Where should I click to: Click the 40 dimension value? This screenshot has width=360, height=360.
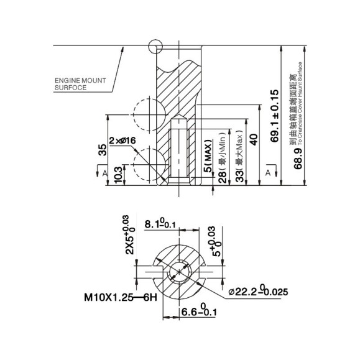[x=252, y=139]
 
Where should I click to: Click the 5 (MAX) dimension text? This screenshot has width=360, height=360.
[x=209, y=158]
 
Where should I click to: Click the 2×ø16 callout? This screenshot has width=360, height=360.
[x=122, y=141]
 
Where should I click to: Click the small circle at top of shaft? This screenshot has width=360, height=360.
[x=154, y=46]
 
